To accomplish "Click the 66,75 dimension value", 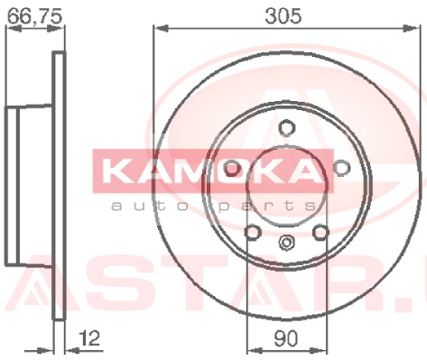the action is pyautogui.click(x=34, y=16).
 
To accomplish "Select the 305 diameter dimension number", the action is pyautogui.click(x=283, y=16).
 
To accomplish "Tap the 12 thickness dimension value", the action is pyautogui.click(x=89, y=338).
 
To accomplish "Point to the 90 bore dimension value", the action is pyautogui.click(x=285, y=338).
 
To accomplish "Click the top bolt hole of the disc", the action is pyautogui.click(x=286, y=127).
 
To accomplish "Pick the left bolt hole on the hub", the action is pyautogui.click(x=232, y=168).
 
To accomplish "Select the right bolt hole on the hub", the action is pyautogui.click(x=342, y=167).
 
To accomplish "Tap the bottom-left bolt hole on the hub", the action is pyautogui.click(x=252, y=232).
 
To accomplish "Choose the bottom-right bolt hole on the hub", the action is pyautogui.click(x=320, y=232).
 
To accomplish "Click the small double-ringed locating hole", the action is pyautogui.click(x=286, y=243).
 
